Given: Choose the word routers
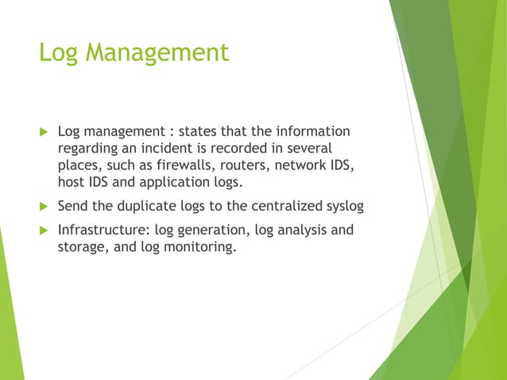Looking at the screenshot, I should [230, 166].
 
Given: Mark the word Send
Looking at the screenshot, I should [73, 207].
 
